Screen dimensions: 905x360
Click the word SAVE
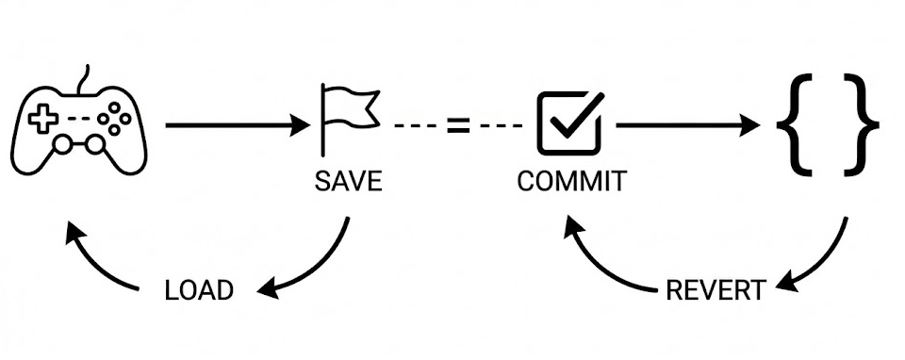348,181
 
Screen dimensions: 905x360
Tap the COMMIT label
571,181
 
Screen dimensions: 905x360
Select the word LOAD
199,290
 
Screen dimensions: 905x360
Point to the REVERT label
716,290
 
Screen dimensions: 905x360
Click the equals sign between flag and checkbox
458,124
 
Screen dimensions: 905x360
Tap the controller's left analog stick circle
62,144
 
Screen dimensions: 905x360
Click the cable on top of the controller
83,79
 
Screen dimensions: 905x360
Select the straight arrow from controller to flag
238,124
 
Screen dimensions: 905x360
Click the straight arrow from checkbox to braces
688,124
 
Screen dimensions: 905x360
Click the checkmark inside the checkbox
577,114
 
